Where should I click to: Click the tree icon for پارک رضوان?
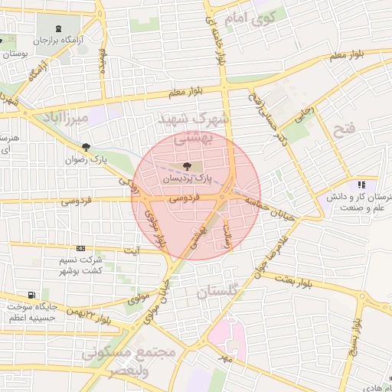tap(86, 148)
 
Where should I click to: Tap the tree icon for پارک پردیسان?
tap(188, 165)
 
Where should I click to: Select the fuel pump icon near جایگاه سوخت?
tap(31, 295)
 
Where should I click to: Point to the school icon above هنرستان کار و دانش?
tap(361, 185)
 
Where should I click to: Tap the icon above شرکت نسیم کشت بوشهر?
tap(80, 248)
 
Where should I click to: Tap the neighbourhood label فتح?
tap(345, 128)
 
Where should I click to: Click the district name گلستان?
tap(218, 292)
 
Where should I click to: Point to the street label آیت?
tap(133, 250)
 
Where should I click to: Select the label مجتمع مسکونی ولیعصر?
tap(128, 361)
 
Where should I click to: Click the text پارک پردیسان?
tap(185, 178)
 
